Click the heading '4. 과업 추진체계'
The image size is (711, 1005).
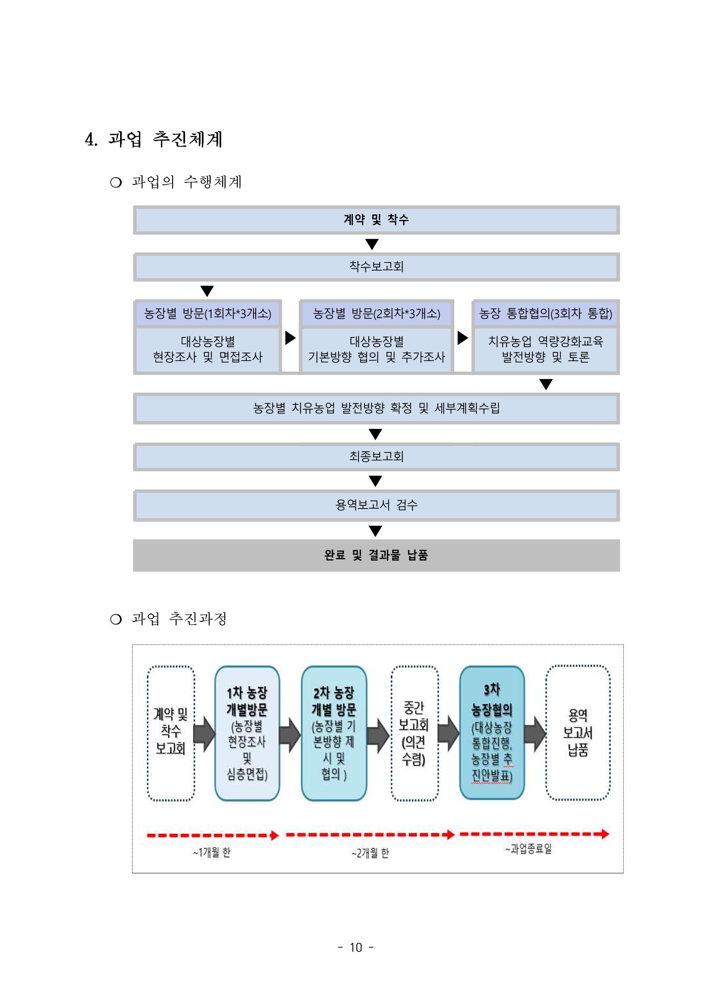point(154,139)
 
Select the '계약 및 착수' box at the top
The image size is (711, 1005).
point(376,220)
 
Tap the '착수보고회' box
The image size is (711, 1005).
point(376,267)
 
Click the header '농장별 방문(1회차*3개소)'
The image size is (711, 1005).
point(207,313)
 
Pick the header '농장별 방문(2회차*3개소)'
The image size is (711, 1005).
point(377,313)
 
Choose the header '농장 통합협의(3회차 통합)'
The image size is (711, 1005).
point(545,313)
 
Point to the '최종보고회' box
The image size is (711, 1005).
point(376,456)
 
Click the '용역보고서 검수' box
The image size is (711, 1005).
point(376,505)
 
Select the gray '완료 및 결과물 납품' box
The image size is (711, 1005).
point(376,555)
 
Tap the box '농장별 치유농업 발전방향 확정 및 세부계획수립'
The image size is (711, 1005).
point(376,408)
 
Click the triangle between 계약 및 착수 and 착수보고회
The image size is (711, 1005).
point(372,244)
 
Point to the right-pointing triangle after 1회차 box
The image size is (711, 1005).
point(290,338)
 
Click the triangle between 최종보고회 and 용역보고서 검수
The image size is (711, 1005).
point(375,481)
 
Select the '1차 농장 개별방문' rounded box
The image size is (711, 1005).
point(247,733)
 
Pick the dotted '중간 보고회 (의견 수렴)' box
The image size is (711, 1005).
point(414,733)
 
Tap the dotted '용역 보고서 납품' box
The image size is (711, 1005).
point(578,733)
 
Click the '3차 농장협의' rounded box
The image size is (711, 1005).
point(492,733)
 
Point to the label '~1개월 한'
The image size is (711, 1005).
point(212,852)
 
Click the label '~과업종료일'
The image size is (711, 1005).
point(529,849)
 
